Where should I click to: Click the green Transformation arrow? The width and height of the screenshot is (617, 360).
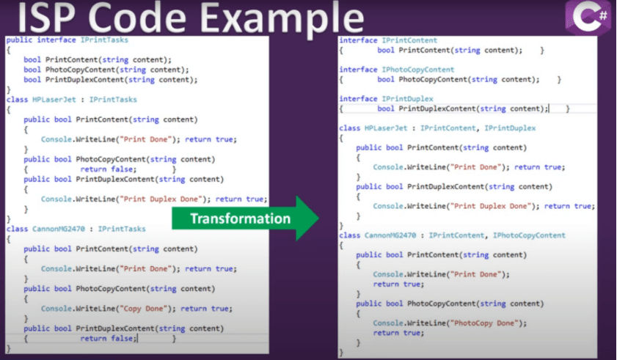pyautogui.click(x=245, y=218)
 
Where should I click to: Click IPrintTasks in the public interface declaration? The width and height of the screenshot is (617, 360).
pyautogui.click(x=104, y=40)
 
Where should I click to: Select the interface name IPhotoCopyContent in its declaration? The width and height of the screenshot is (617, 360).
pyautogui.click(x=418, y=70)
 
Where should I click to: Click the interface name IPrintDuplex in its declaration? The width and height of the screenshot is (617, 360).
pyautogui.click(x=408, y=99)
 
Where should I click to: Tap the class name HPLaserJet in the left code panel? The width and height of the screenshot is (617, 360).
pyautogui.click(x=54, y=100)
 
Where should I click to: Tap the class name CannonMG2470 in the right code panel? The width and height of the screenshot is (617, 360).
pyautogui.click(x=390, y=235)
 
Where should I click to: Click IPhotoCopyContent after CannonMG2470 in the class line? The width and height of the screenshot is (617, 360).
pyautogui.click(x=529, y=235)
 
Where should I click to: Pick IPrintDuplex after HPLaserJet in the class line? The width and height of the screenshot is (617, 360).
pyautogui.click(x=510, y=128)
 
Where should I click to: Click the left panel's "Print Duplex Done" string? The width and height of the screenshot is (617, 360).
pyautogui.click(x=161, y=199)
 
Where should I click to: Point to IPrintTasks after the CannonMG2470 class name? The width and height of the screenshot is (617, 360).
pyautogui.click(x=122, y=229)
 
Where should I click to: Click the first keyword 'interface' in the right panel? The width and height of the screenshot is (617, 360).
pyautogui.click(x=358, y=40)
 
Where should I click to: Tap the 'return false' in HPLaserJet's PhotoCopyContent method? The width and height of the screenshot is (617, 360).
pyautogui.click(x=108, y=169)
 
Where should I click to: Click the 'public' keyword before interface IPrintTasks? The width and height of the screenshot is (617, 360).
pyautogui.click(x=19, y=40)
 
